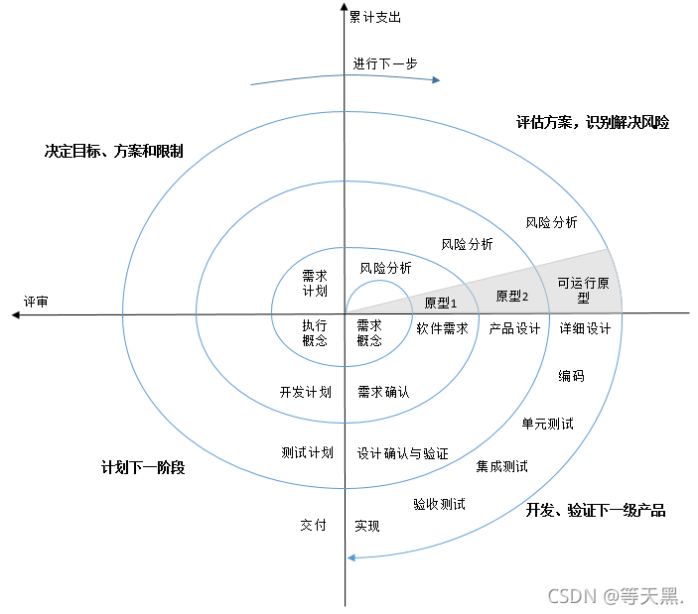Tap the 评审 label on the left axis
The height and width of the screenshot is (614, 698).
coord(36,301)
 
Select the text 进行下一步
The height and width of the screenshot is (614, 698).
coord(385,63)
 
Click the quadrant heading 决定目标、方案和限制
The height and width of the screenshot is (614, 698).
coord(114,153)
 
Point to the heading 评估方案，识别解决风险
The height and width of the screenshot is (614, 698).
coord(593,123)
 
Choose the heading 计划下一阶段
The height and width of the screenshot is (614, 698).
coord(143,467)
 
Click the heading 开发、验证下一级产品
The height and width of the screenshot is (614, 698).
coord(596,511)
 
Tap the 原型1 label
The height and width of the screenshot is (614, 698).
coord(440,303)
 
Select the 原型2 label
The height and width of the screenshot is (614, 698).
coord(512,297)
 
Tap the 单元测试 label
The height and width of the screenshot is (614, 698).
coord(547,424)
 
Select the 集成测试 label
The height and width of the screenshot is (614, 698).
coord(501,466)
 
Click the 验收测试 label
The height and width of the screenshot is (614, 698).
coord(439,504)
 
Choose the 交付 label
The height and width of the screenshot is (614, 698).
coord(313,525)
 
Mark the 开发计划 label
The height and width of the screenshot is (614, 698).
coord(305,392)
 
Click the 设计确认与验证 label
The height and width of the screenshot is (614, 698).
coord(403,453)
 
